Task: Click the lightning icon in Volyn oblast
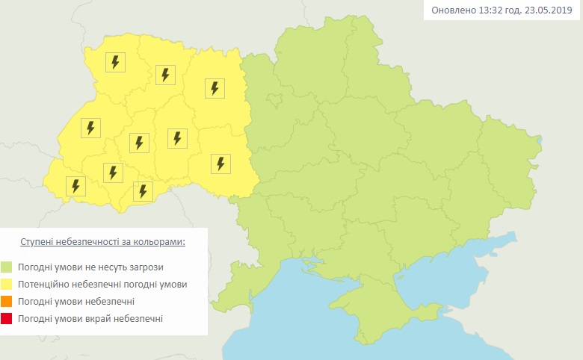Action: tap(115, 62)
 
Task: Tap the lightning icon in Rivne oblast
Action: tap(165, 75)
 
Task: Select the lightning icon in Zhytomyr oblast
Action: tap(215, 88)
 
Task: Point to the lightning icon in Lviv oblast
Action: tap(90, 128)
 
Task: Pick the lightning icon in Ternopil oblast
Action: tap(139, 142)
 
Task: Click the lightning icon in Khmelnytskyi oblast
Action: tap(177, 138)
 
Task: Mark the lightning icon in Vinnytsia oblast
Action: tap(220, 163)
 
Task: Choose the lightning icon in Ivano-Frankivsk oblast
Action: tap(113, 173)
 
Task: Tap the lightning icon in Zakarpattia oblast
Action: tap(75, 185)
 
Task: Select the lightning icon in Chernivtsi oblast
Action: tap(143, 190)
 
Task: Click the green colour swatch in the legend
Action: tap(6, 267)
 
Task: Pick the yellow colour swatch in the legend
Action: tap(6, 285)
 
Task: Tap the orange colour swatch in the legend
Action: tap(6, 302)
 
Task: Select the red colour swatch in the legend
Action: tap(6, 319)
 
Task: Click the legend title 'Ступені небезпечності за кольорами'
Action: tap(102, 243)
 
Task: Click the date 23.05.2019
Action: tap(550, 10)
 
